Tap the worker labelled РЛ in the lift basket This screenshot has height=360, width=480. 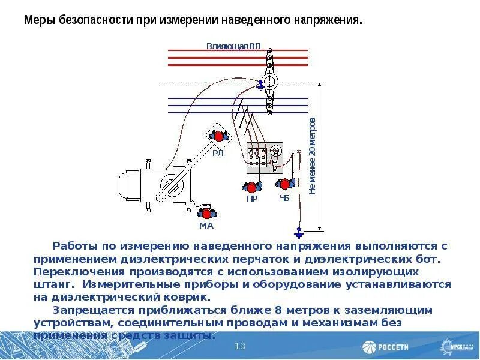218,136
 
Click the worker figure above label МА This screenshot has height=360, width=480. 207,213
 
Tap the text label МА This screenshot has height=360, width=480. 206,226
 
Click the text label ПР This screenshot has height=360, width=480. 252,199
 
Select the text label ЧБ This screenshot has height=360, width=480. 284,197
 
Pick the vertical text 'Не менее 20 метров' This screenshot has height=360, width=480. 313,156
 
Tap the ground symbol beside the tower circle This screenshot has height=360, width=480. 260,86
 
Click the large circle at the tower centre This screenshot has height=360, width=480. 271,82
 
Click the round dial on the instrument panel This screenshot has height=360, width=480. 275,149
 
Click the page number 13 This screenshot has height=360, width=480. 240,346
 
